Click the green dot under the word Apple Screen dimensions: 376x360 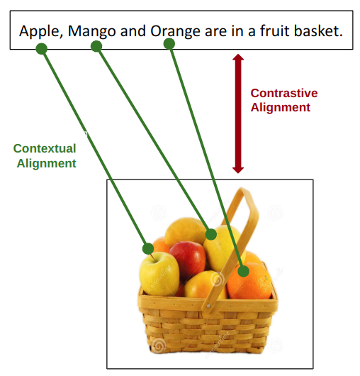pos(42,49)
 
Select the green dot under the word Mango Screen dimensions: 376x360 pos(96,46)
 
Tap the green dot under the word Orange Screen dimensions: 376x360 pos(169,44)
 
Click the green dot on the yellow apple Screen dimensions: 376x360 pos(148,248)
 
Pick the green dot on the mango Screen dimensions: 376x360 pos(210,233)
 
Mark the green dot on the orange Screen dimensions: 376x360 pos(243,270)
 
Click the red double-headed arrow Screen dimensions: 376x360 pos(238,114)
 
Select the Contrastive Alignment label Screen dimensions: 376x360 pos(283,100)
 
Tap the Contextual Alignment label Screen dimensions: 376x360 pos(45,155)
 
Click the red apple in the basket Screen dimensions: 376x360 pos(187,256)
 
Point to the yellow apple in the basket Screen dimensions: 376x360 pos(159,273)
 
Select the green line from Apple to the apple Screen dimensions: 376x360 pos(95,148)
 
